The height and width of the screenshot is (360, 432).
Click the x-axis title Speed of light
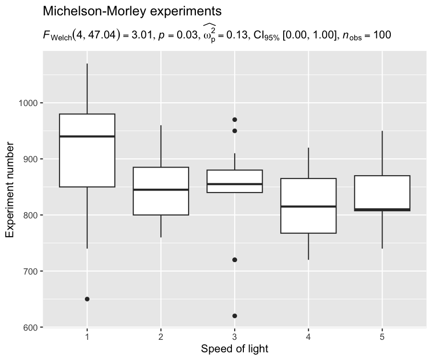[234, 348]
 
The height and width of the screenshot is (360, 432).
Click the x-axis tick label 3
[234, 337]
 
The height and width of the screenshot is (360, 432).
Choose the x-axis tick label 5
[382, 337]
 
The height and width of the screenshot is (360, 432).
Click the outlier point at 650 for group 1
[87, 299]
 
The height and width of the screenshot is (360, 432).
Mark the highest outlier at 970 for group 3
[234, 120]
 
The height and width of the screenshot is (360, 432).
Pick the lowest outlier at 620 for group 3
[234, 316]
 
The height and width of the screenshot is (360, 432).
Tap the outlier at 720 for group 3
[234, 260]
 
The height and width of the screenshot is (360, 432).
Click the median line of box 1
[87, 136]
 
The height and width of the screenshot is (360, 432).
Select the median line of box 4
[308, 206]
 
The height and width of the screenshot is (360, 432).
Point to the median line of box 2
[161, 190]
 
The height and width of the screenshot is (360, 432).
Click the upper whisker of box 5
[382, 153]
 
